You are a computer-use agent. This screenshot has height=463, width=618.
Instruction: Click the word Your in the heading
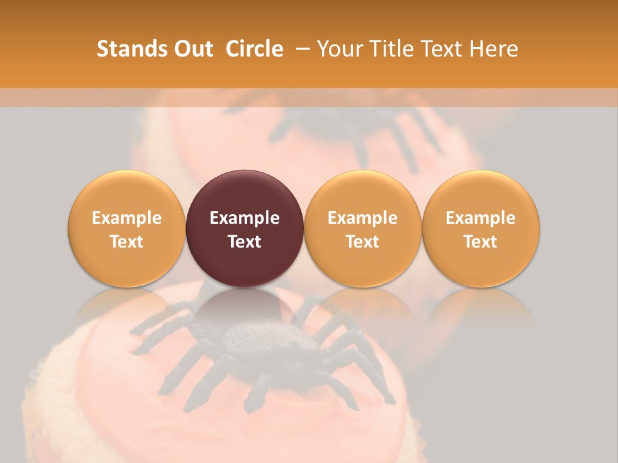coord(338,49)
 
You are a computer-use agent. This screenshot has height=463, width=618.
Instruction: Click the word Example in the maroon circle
coord(245,218)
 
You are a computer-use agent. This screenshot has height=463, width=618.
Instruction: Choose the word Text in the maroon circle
coord(245,242)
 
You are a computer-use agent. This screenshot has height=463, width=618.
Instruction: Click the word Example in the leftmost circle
coord(126,218)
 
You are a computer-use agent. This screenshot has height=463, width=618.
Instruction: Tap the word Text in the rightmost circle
coord(480,242)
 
